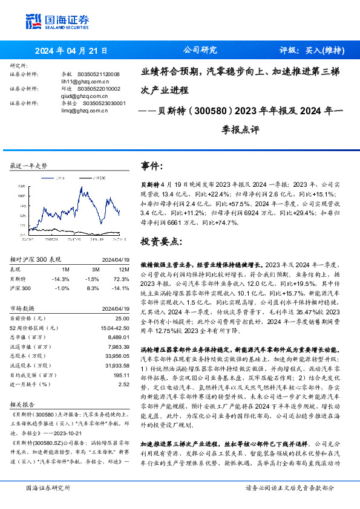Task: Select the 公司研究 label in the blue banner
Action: click(x=200, y=50)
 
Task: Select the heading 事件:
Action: click(x=151, y=166)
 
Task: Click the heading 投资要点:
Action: click(x=160, y=241)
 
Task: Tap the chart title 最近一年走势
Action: click(x=29, y=165)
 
